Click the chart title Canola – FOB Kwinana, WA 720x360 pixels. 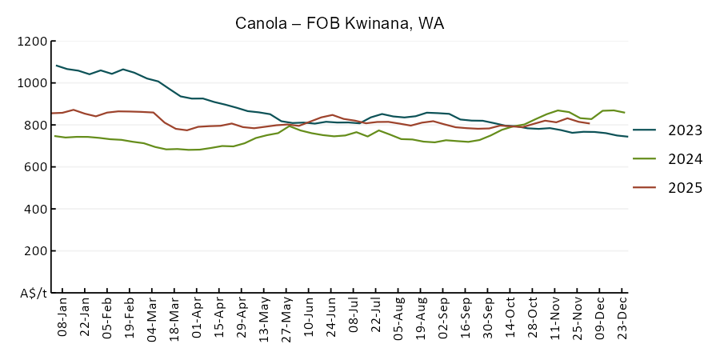[339, 23]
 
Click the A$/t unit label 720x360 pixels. [33, 293]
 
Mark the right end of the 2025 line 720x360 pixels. [589, 123]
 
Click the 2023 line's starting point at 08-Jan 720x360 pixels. [57, 66]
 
